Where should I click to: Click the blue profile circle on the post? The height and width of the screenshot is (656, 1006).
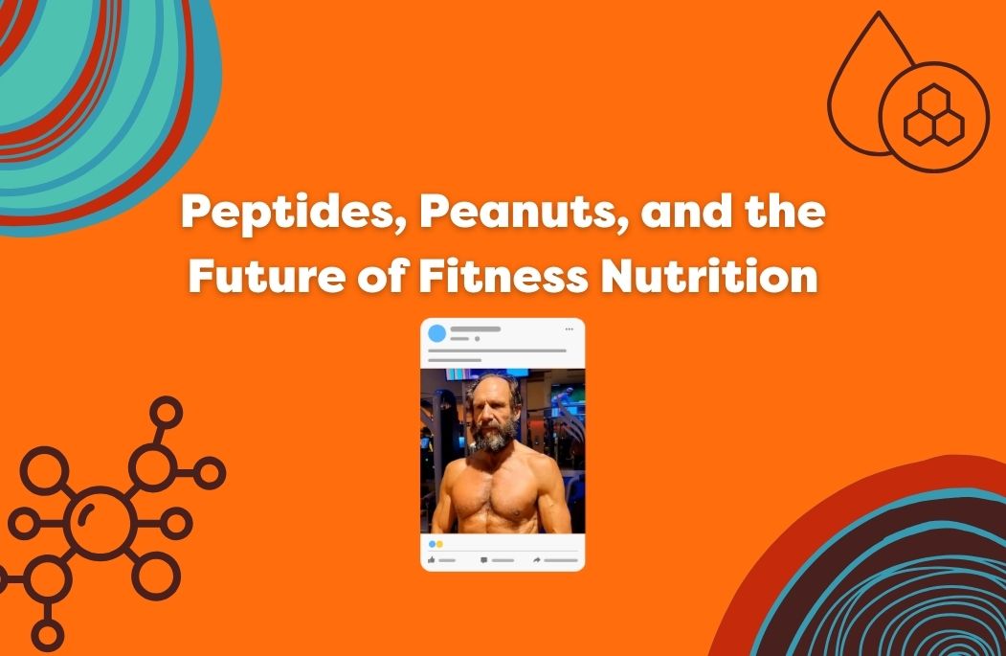pos(437,333)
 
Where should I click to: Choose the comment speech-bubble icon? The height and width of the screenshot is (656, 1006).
pos(484,559)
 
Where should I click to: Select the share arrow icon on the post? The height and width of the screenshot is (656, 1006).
pos(537,559)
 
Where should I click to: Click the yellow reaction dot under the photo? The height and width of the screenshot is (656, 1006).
pos(439,544)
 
